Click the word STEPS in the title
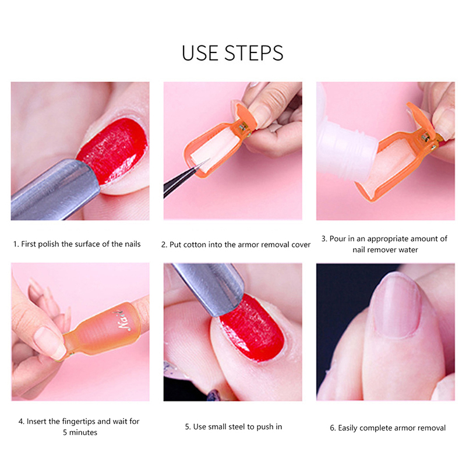(x=253, y=53)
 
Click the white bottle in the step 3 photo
(x=345, y=143)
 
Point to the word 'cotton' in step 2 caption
(x=195, y=245)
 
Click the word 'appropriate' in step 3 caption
(x=387, y=239)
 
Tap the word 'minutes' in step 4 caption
(x=83, y=432)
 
